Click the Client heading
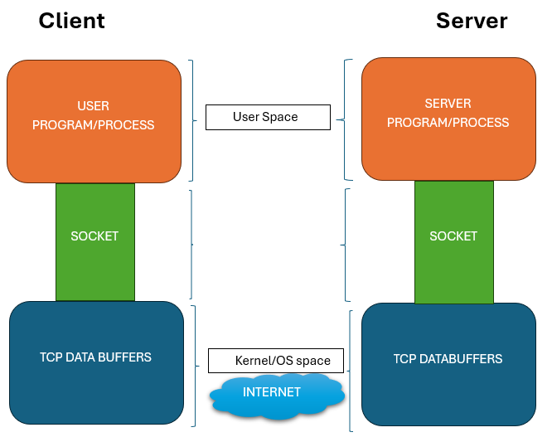point(71,20)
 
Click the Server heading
point(472,20)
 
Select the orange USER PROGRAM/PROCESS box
point(94,121)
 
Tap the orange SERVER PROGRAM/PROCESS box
point(448,119)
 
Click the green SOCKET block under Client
point(94,241)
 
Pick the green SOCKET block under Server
point(453,241)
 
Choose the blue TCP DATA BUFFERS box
point(96,362)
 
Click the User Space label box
point(268,117)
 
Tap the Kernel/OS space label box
point(275,361)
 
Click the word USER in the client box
point(93,106)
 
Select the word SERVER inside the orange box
point(448,104)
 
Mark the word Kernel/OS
point(260,361)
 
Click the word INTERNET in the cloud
point(272,391)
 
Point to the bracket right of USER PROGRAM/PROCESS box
point(193,120)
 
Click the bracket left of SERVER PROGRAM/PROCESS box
point(346,119)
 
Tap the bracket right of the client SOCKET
point(192,245)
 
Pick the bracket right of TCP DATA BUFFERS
point(194,366)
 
